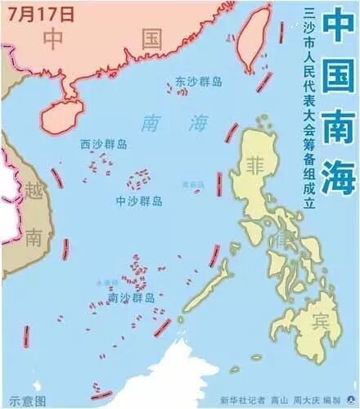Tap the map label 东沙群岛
pos(198,82)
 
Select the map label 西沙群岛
pos(104,144)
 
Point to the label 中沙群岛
pos(139,200)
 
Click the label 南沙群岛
pos(132,298)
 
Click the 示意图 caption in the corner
pos(23,401)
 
